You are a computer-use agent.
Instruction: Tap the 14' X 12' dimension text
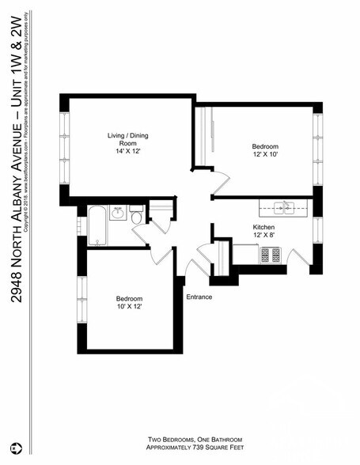pyautogui.click(x=127, y=150)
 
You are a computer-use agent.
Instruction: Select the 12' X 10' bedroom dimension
pyautogui.click(x=264, y=155)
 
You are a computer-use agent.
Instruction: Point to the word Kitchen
pyautogui.click(x=263, y=226)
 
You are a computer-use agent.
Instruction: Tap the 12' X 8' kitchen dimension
pyautogui.click(x=263, y=235)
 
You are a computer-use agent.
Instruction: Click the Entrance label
pyautogui.click(x=199, y=297)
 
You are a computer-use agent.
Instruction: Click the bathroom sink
pyautogui.click(x=118, y=214)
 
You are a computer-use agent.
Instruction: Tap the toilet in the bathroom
pyautogui.click(x=136, y=217)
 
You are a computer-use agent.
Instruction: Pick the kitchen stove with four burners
pyautogui.click(x=271, y=255)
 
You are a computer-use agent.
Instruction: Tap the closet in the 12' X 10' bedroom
pyautogui.click(x=203, y=136)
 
